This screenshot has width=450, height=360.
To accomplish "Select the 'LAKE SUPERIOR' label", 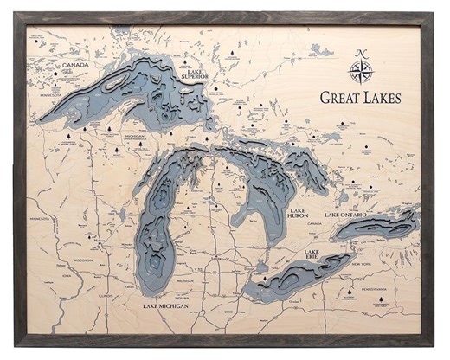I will pos(196,78).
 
